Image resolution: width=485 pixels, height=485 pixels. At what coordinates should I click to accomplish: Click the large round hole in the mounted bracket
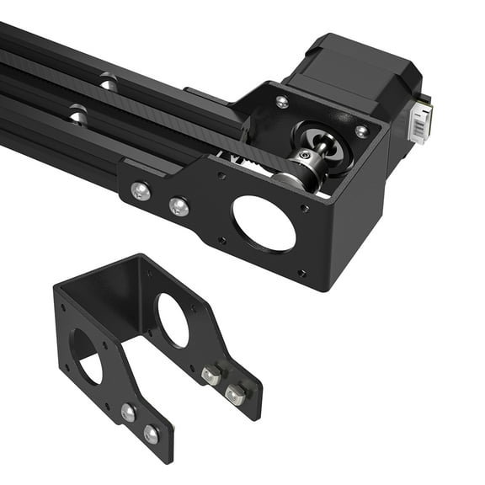tap(264, 222)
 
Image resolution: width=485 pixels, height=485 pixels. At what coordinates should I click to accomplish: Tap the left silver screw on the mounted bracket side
tap(141, 192)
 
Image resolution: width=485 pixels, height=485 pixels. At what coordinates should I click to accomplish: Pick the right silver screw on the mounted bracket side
tap(179, 205)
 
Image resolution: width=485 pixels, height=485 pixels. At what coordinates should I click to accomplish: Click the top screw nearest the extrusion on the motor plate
tap(281, 102)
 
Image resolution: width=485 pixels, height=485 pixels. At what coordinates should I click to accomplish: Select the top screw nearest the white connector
tap(361, 131)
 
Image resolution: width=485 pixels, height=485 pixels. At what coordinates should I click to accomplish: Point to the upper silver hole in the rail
tap(107, 82)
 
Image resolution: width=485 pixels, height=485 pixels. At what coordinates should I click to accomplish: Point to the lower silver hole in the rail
tap(77, 113)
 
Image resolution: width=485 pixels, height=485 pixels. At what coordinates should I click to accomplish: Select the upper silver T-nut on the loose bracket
tap(211, 375)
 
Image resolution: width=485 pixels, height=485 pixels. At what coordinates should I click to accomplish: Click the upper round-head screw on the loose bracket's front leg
tap(128, 413)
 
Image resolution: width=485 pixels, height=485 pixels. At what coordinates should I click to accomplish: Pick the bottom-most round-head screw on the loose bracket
tap(151, 434)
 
